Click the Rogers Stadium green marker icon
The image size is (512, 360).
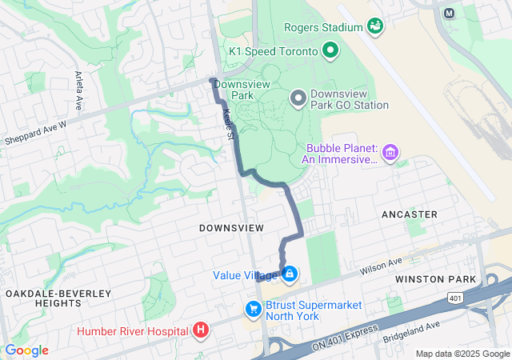pos(374,26)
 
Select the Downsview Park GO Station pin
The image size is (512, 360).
pos(298,98)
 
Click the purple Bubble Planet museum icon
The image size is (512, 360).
pos(390,152)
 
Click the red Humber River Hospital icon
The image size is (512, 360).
pos(200,330)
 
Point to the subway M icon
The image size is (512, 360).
pos(449,13)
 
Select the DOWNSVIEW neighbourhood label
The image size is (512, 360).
pos(231,228)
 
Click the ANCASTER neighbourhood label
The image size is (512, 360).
pos(410,214)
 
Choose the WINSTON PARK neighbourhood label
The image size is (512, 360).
pos(435,279)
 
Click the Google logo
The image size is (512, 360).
pos(26,350)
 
